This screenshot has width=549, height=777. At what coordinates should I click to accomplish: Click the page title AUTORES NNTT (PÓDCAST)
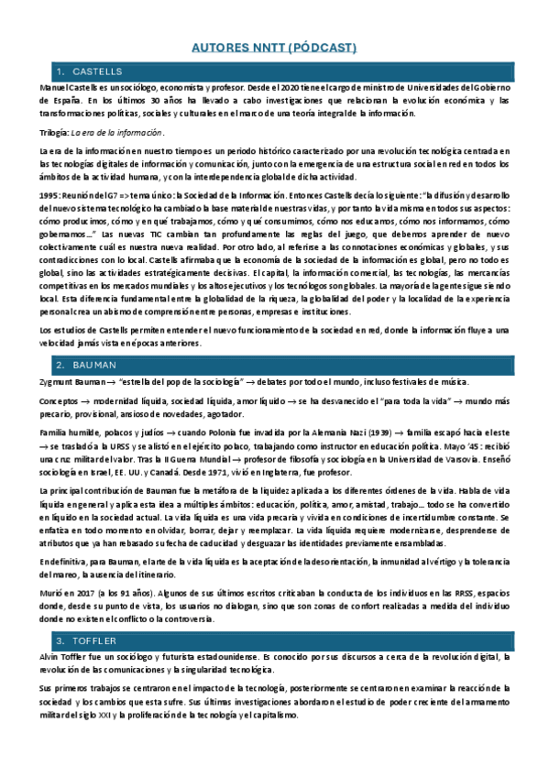(274, 47)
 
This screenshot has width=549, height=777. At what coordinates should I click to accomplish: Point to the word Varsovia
(476, 460)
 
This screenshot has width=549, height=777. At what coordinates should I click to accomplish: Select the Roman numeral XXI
(113, 714)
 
